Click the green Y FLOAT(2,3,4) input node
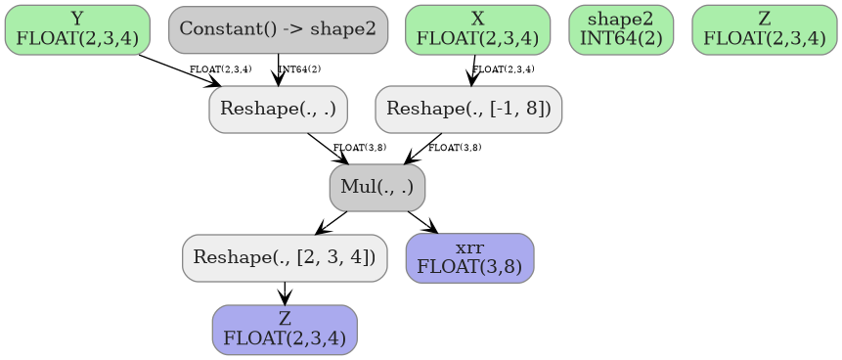[77, 29]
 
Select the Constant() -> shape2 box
[278, 29]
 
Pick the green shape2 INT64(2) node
[621, 29]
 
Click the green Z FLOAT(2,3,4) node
[764, 29]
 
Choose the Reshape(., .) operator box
[279, 109]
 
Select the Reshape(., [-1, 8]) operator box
[468, 109]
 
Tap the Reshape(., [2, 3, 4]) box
[285, 258]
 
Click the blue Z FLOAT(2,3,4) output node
[285, 330]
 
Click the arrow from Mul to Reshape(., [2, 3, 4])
[332, 223]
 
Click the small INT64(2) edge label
[300, 69]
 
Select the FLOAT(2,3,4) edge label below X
[504, 69]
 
